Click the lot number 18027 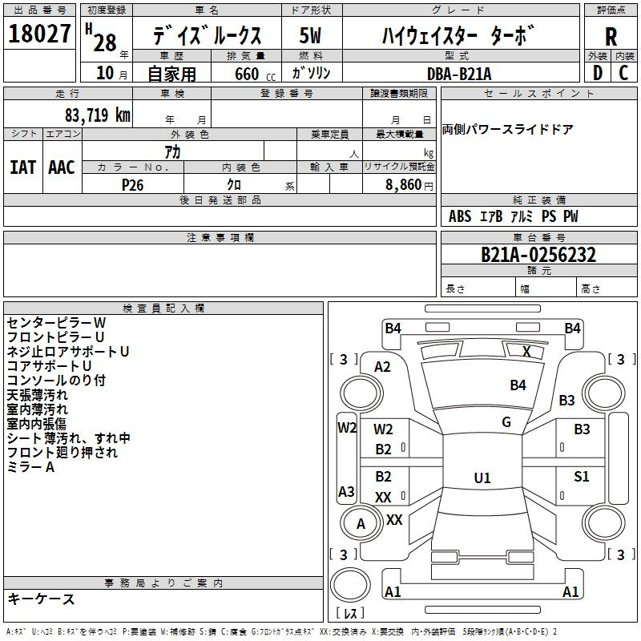[x=39, y=34]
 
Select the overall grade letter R [x=611, y=37]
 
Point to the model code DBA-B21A [x=459, y=73]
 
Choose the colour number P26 [x=133, y=183]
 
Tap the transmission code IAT [x=22, y=167]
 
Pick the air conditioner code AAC [x=62, y=167]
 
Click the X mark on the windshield [x=526, y=351]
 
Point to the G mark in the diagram [x=506, y=422]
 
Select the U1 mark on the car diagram [x=482, y=478]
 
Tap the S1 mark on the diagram [x=582, y=477]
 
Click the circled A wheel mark [x=361, y=524]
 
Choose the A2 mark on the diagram [x=383, y=367]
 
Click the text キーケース [x=42, y=599]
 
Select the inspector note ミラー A [x=30, y=467]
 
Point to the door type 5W [x=311, y=37]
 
